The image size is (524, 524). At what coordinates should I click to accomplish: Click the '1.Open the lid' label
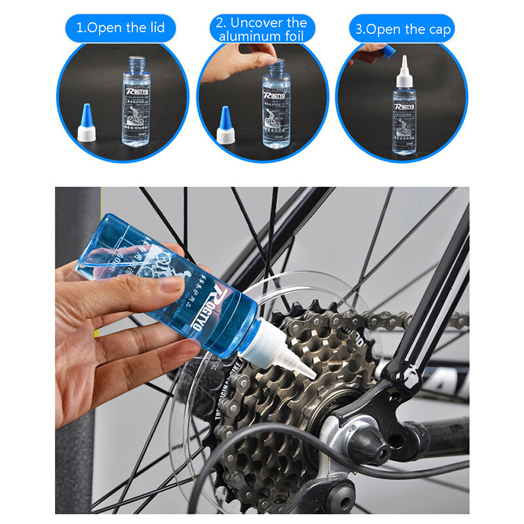(121, 28)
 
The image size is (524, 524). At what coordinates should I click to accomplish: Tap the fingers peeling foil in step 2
(262, 52)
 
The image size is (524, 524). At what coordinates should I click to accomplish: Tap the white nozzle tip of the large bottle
(308, 371)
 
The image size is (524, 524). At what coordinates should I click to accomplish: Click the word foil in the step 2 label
(295, 37)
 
